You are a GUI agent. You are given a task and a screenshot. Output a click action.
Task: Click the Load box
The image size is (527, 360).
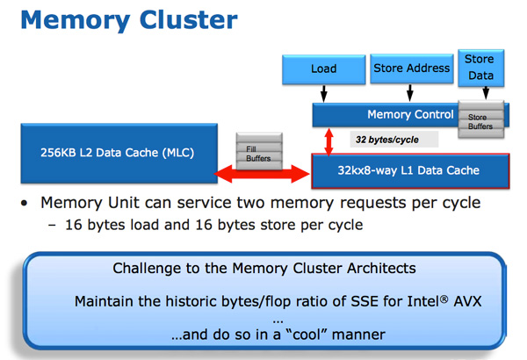(323, 69)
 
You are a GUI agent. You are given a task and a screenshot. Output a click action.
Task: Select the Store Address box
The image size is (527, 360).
(412, 68)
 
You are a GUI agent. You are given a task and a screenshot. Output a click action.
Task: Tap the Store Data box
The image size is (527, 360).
(481, 68)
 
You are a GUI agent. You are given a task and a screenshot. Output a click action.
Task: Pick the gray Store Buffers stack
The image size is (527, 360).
(481, 119)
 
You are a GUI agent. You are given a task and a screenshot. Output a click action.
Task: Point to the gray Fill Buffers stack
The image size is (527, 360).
(259, 151)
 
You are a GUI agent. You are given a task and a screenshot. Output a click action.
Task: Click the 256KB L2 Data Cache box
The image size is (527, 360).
(119, 154)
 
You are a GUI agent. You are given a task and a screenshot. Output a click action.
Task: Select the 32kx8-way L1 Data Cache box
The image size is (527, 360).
(410, 170)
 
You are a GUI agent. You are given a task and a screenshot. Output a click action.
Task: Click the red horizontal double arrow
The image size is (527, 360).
(262, 174)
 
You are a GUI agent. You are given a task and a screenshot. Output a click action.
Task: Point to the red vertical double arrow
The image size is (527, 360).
(329, 141)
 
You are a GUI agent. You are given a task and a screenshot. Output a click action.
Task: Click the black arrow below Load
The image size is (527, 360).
(323, 93)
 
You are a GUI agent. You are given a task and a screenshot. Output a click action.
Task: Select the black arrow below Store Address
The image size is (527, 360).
(410, 93)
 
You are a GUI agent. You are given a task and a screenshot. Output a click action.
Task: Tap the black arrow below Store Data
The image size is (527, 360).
(486, 93)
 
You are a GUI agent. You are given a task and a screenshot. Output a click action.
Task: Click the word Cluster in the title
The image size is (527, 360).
(189, 20)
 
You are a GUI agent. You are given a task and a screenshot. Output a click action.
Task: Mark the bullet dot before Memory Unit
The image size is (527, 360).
(24, 203)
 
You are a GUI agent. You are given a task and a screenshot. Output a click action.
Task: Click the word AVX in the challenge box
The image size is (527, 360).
(467, 301)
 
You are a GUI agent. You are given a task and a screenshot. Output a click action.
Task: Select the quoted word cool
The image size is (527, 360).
(309, 335)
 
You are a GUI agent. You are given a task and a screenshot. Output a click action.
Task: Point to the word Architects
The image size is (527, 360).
(381, 268)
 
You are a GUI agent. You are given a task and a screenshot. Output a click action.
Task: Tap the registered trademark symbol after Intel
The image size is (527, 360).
(444, 299)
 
